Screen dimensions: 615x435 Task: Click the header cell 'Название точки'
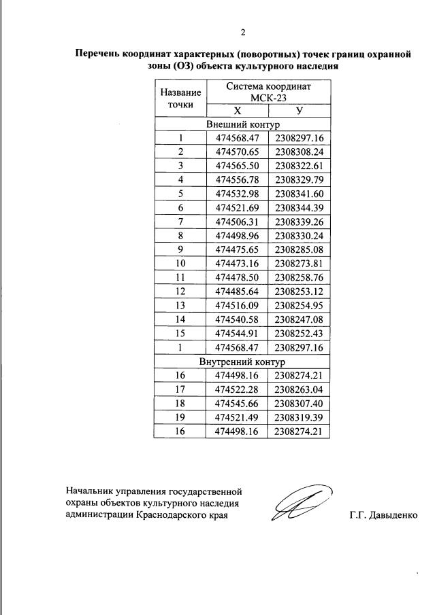click(180, 99)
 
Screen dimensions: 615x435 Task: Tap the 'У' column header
click(300, 111)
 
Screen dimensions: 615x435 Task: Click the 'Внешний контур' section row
click(243, 125)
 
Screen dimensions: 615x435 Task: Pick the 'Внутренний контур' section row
click(243, 362)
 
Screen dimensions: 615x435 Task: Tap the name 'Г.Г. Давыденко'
click(382, 514)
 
